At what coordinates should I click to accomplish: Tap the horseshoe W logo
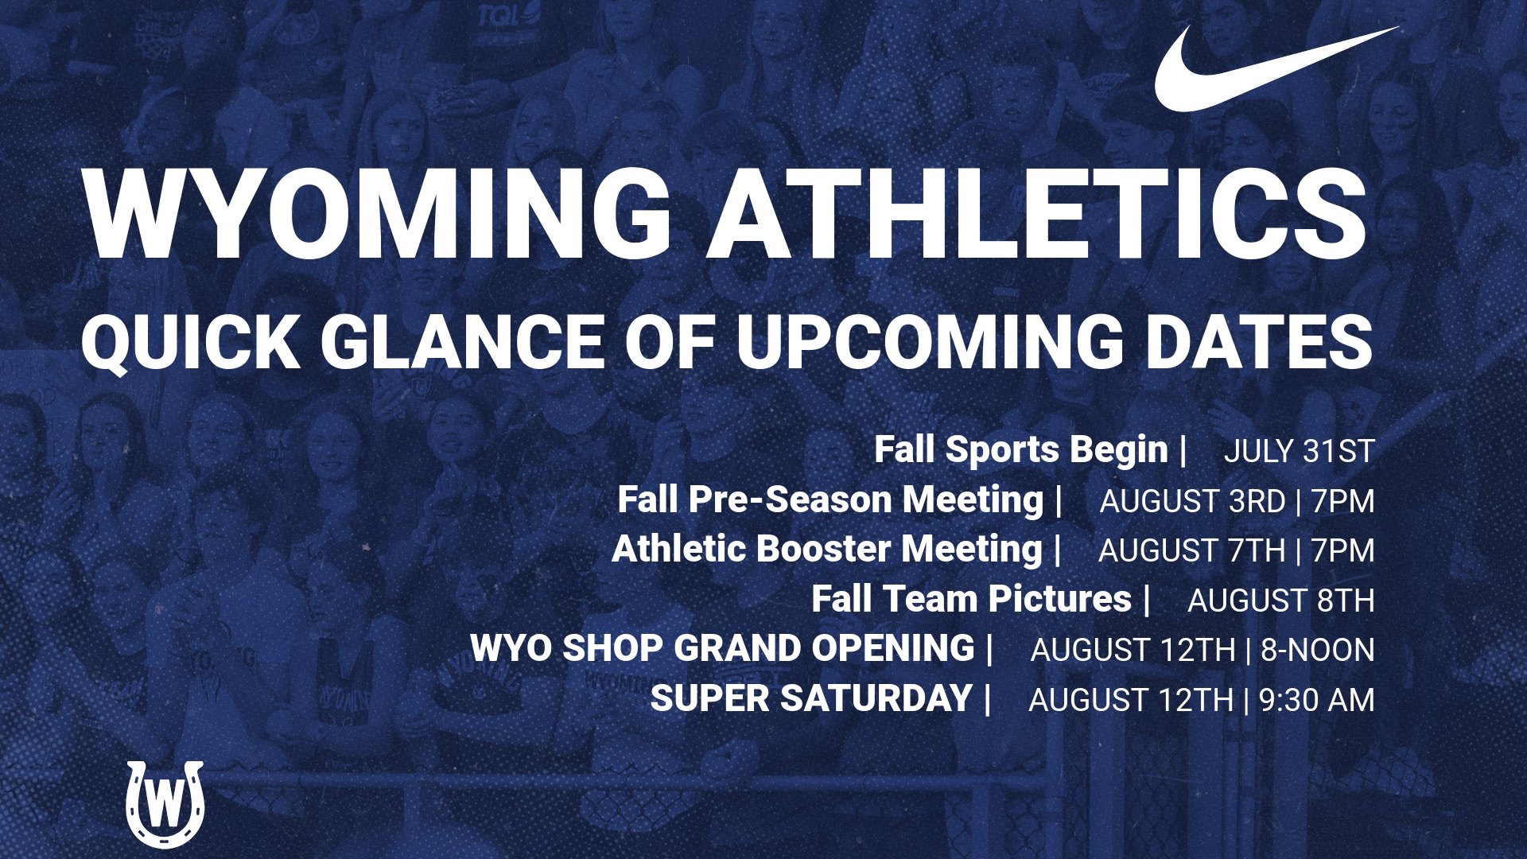pos(165,804)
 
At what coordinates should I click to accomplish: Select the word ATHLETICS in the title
pos(1038,215)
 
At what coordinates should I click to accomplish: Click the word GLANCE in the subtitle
pos(463,342)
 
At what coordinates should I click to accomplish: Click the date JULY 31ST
pos(1299,452)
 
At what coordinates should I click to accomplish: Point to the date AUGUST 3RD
pos(1192,502)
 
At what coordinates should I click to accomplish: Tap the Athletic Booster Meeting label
pos(826,550)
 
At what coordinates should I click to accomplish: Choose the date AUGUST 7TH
pos(1191,551)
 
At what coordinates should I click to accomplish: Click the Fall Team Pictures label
pos(971,599)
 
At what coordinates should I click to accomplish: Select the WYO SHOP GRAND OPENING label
pos(722,649)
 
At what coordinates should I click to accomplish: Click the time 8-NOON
pos(1317,651)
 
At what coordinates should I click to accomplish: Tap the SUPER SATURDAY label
pos(811,699)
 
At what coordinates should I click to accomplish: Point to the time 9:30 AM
pos(1316,701)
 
